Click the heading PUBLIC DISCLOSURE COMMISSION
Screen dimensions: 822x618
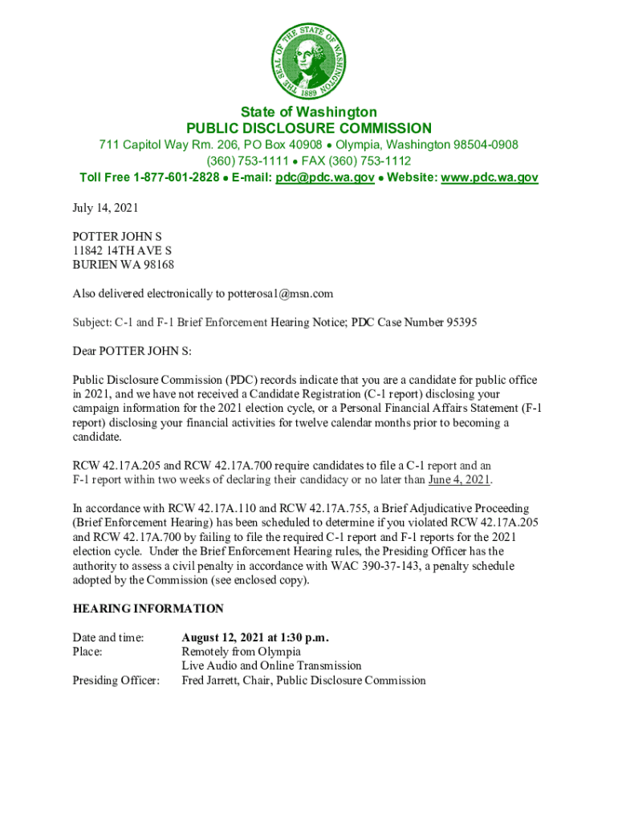[x=309, y=128]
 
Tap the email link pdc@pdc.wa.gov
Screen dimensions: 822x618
[x=324, y=177]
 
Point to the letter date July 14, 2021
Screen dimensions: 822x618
[x=105, y=208]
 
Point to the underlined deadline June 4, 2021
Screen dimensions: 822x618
[x=459, y=480]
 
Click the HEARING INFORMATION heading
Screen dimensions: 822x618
[x=148, y=608]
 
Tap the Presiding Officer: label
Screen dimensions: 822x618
[x=116, y=681]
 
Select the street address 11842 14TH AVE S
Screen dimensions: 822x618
[x=122, y=250]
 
